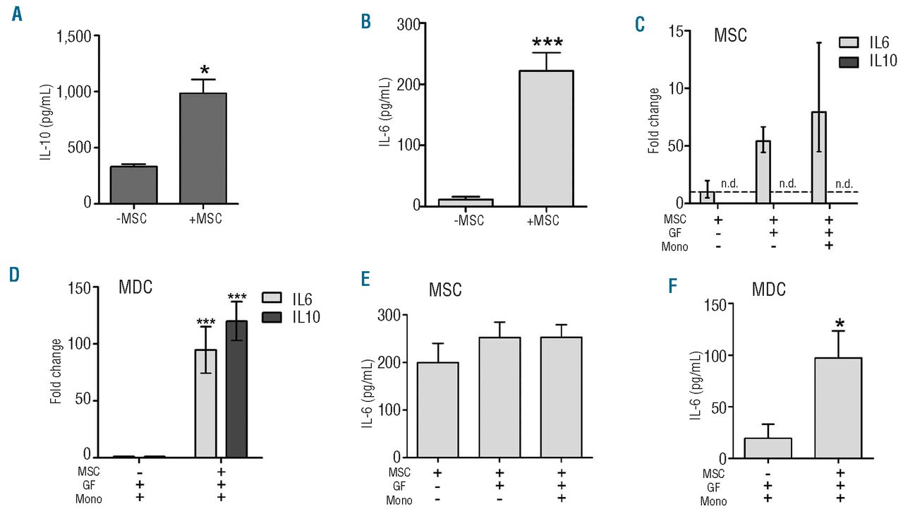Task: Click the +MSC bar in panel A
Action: pos(203,148)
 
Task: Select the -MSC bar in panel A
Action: pos(133,185)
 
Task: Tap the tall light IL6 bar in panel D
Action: pos(206,403)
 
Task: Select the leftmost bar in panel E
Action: pos(437,410)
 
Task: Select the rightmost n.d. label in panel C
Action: pos(842,184)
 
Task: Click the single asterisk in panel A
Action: pos(203,69)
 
